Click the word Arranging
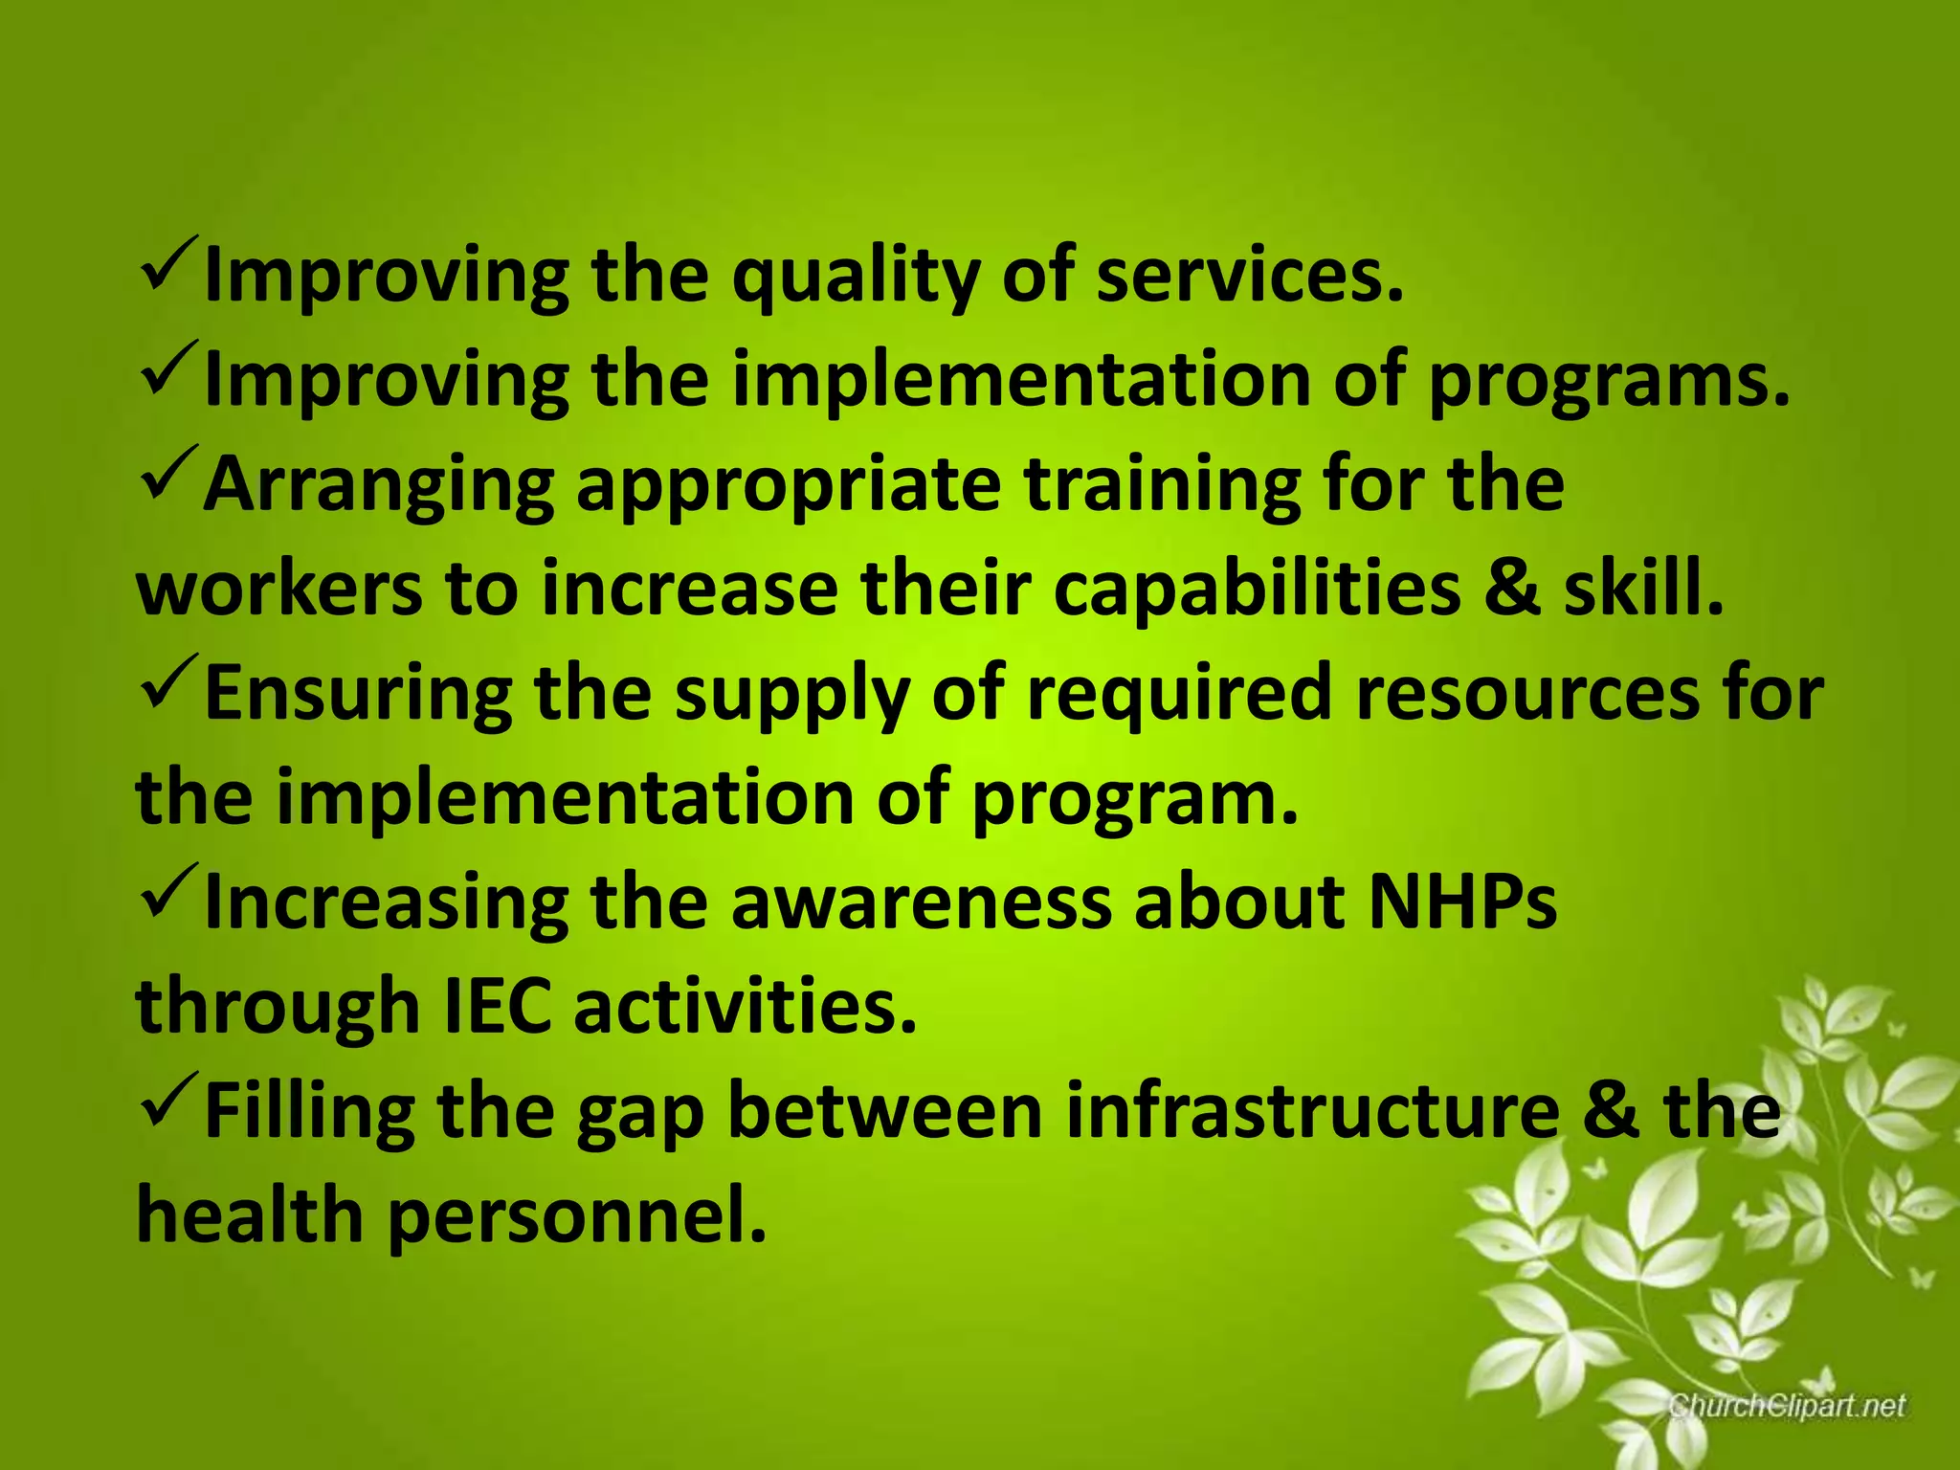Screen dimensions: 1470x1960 click(378, 486)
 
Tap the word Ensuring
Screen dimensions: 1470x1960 click(358, 693)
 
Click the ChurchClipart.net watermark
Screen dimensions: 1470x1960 click(1787, 1406)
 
